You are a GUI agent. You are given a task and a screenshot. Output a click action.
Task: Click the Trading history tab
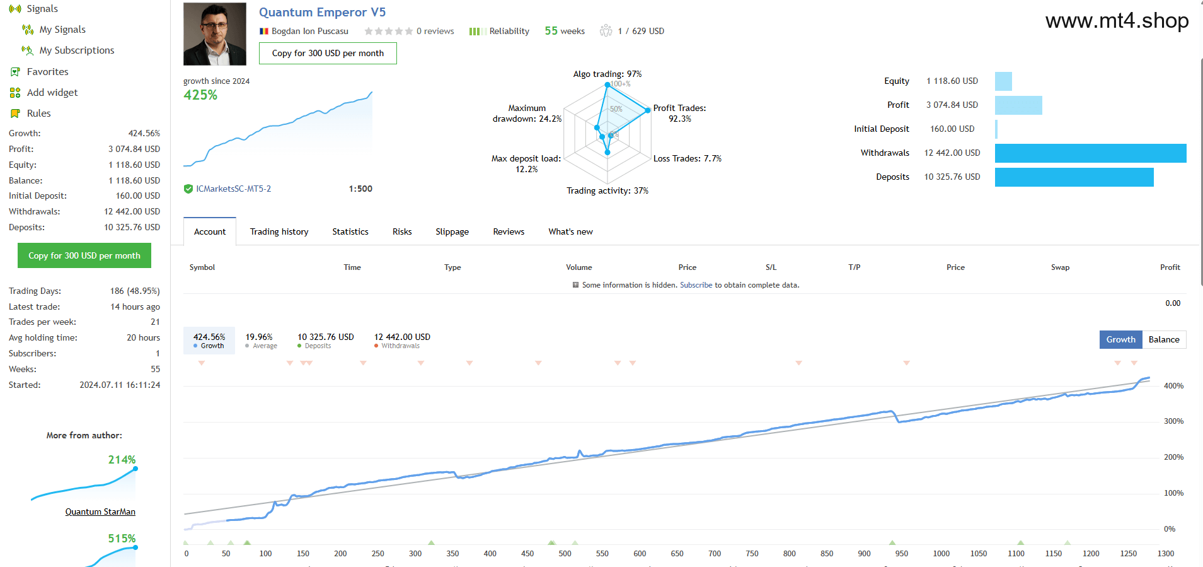279,231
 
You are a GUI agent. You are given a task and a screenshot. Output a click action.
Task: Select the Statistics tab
350,231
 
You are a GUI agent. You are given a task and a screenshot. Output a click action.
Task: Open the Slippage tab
452,231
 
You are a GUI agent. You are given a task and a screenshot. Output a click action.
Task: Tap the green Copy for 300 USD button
84,255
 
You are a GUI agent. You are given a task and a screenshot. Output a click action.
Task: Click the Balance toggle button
1164,339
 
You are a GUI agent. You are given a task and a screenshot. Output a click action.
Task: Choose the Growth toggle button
1121,339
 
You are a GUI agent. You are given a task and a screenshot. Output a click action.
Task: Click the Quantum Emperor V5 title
322,12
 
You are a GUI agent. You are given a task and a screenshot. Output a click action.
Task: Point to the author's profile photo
215,34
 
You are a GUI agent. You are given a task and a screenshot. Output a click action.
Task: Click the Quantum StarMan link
100,511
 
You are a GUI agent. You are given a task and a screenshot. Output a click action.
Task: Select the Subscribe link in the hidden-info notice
696,285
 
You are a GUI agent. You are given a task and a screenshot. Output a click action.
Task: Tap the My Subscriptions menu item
77,50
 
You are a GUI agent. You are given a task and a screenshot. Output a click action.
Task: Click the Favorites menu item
47,72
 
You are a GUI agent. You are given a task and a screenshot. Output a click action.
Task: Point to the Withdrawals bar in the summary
1090,153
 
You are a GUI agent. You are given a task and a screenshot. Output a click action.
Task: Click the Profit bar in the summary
1018,105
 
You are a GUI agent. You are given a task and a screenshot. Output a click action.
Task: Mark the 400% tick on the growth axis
1173,385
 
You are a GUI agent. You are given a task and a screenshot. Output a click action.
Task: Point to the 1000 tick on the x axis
941,553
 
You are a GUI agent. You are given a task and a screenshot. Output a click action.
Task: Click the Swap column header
1060,267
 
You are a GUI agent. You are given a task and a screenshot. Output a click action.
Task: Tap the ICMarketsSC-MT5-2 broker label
233,189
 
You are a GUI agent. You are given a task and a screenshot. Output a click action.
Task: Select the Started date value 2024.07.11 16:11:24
120,385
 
